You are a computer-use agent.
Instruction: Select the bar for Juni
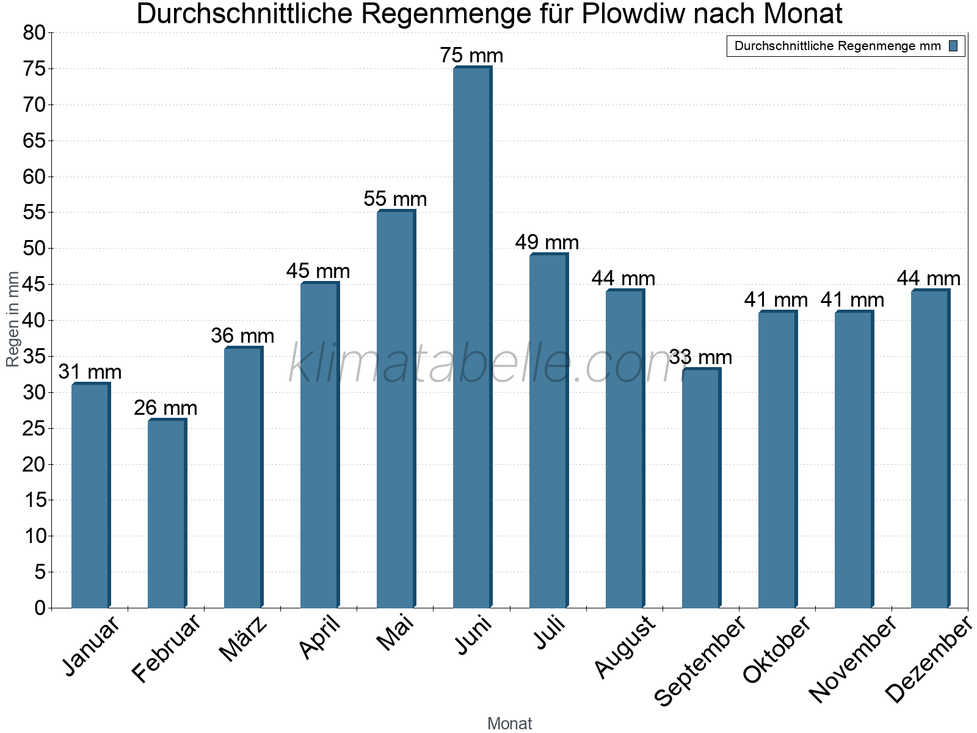click(472, 337)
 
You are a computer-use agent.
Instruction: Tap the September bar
click(701, 489)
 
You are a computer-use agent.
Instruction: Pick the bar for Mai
click(396, 409)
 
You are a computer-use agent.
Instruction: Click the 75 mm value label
click(471, 56)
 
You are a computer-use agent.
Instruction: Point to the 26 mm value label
click(165, 407)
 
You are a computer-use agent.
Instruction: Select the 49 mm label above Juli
click(547, 243)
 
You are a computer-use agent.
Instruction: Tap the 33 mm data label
click(700, 357)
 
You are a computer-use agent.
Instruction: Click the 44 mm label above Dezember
click(928, 279)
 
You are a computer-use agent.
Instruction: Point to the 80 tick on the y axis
click(34, 33)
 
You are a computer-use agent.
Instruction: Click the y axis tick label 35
click(34, 357)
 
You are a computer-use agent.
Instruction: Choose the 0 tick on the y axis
click(40, 608)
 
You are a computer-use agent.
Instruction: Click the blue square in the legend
click(953, 46)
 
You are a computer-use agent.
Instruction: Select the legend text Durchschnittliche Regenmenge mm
click(837, 46)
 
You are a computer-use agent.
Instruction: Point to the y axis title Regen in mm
click(12, 319)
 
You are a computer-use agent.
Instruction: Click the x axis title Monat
click(510, 723)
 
